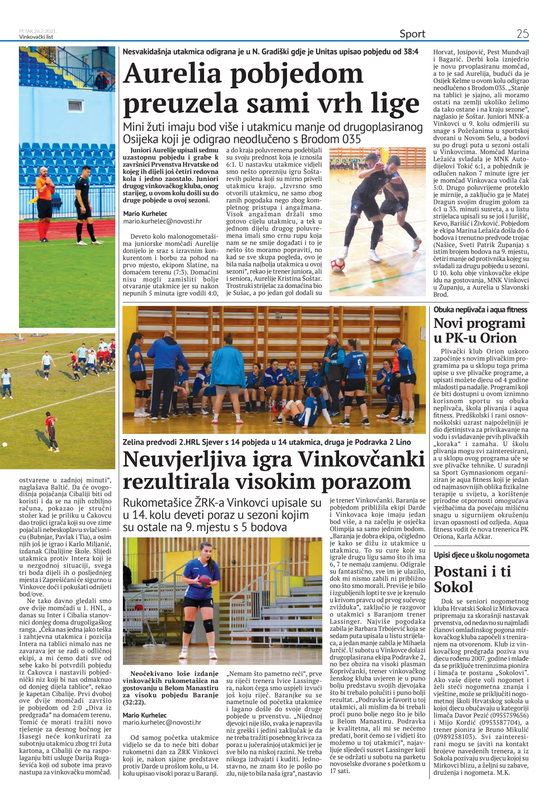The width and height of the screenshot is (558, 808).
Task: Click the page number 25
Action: coord(523,34)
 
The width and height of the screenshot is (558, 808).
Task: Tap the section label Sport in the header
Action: coord(412,34)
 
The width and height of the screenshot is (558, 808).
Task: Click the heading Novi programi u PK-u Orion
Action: coord(479,330)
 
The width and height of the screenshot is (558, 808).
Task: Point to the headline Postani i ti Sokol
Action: coord(472,579)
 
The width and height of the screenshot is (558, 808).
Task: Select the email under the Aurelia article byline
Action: coord(162,221)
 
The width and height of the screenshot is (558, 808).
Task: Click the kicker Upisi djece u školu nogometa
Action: coord(481,555)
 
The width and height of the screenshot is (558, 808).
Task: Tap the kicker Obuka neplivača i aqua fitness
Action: coord(480,310)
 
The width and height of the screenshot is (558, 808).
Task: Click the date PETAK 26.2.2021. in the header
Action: coord(38,31)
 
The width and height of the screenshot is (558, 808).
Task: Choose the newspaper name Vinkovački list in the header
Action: coord(37,37)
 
